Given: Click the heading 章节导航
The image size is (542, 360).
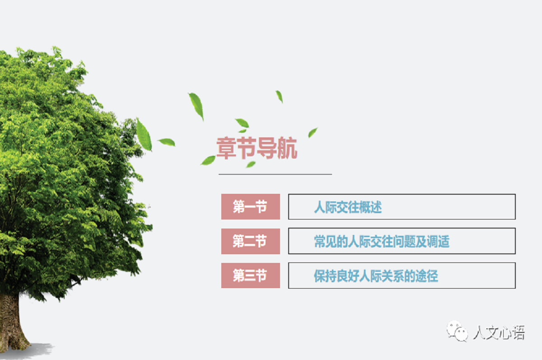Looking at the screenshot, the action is click(257, 148).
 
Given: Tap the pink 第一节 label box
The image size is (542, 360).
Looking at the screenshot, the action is click(250, 206).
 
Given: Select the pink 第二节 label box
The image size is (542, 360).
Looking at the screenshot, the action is click(250, 241).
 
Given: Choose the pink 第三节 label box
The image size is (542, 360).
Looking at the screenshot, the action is click(250, 276).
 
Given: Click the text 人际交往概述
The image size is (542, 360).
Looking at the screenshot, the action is click(348, 207).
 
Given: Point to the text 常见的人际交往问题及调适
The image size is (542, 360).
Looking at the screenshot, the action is click(382, 242).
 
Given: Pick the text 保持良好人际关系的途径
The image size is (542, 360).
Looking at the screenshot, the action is click(376, 276).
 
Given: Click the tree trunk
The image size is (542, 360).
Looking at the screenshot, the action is click(11, 322).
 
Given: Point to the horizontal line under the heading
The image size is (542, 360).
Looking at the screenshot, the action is click(275, 174).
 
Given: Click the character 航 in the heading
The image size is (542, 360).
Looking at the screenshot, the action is click(287, 148).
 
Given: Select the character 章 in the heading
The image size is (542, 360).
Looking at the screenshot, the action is click(226, 148).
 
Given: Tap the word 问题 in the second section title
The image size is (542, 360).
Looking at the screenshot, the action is click(404, 242).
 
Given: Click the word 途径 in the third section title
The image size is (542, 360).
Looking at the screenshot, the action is click(426, 276).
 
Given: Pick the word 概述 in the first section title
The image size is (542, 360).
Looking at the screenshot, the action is click(370, 207).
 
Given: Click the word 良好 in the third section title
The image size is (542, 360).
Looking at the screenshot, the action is click(348, 276).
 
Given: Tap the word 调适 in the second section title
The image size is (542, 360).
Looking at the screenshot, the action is click(438, 242).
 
